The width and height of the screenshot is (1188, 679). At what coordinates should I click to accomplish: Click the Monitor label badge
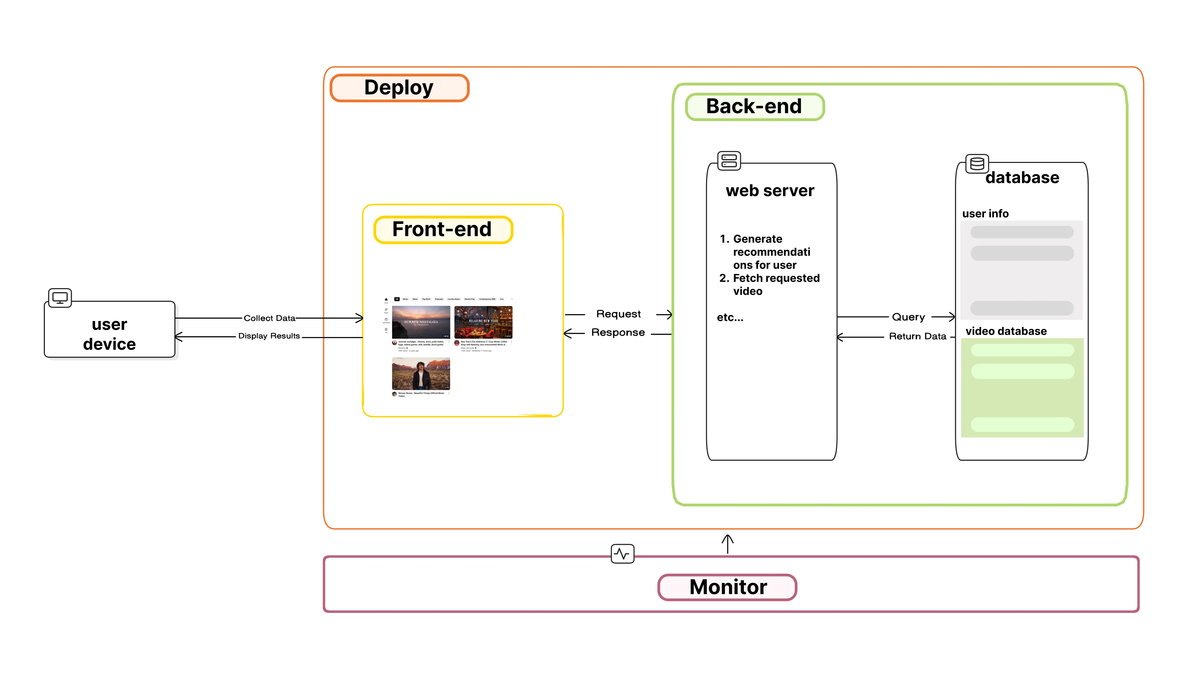727,587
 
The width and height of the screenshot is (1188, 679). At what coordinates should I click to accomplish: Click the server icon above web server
729,161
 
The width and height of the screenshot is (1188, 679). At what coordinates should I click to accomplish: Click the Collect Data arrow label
270,318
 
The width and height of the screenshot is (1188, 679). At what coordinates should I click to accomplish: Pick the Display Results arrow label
269,336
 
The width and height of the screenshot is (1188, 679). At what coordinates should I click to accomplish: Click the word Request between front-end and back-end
618,314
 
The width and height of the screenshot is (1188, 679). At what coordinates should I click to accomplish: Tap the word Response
618,332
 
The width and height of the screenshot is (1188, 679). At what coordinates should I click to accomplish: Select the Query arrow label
908,317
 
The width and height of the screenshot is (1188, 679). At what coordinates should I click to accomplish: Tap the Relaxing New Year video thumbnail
483,322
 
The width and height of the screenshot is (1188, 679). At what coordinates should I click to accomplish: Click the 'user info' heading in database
985,214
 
